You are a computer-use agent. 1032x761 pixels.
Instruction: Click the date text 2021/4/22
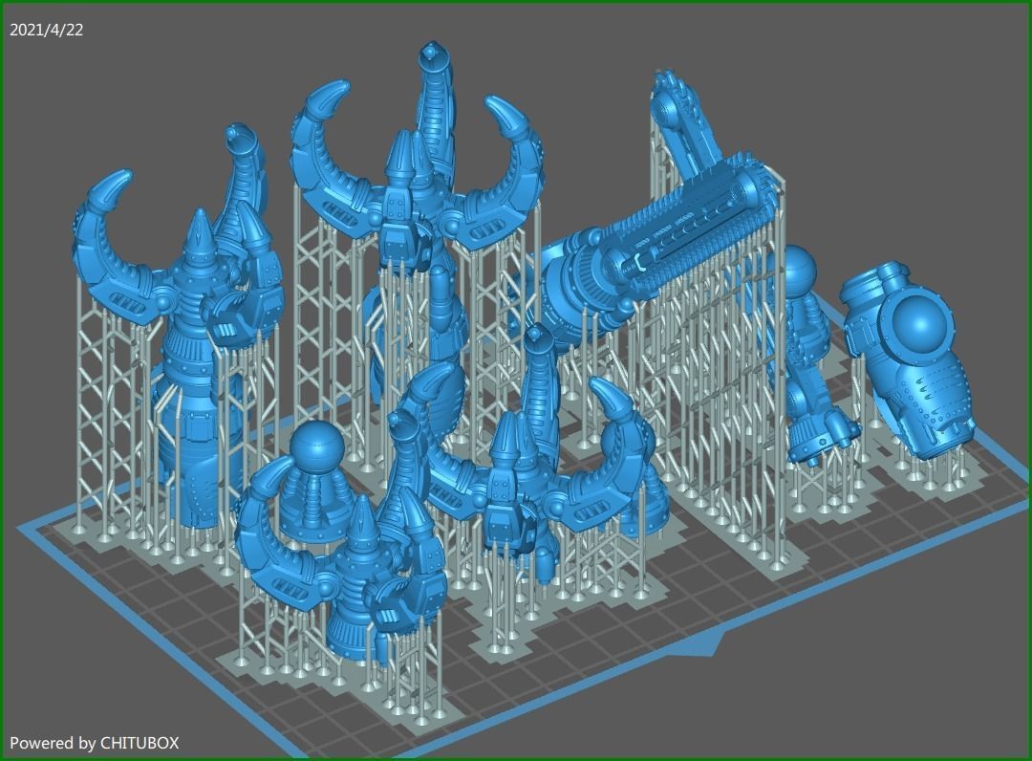point(46,30)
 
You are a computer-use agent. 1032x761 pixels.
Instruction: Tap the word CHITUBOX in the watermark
point(140,742)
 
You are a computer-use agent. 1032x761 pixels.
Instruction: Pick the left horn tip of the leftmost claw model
point(118,181)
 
